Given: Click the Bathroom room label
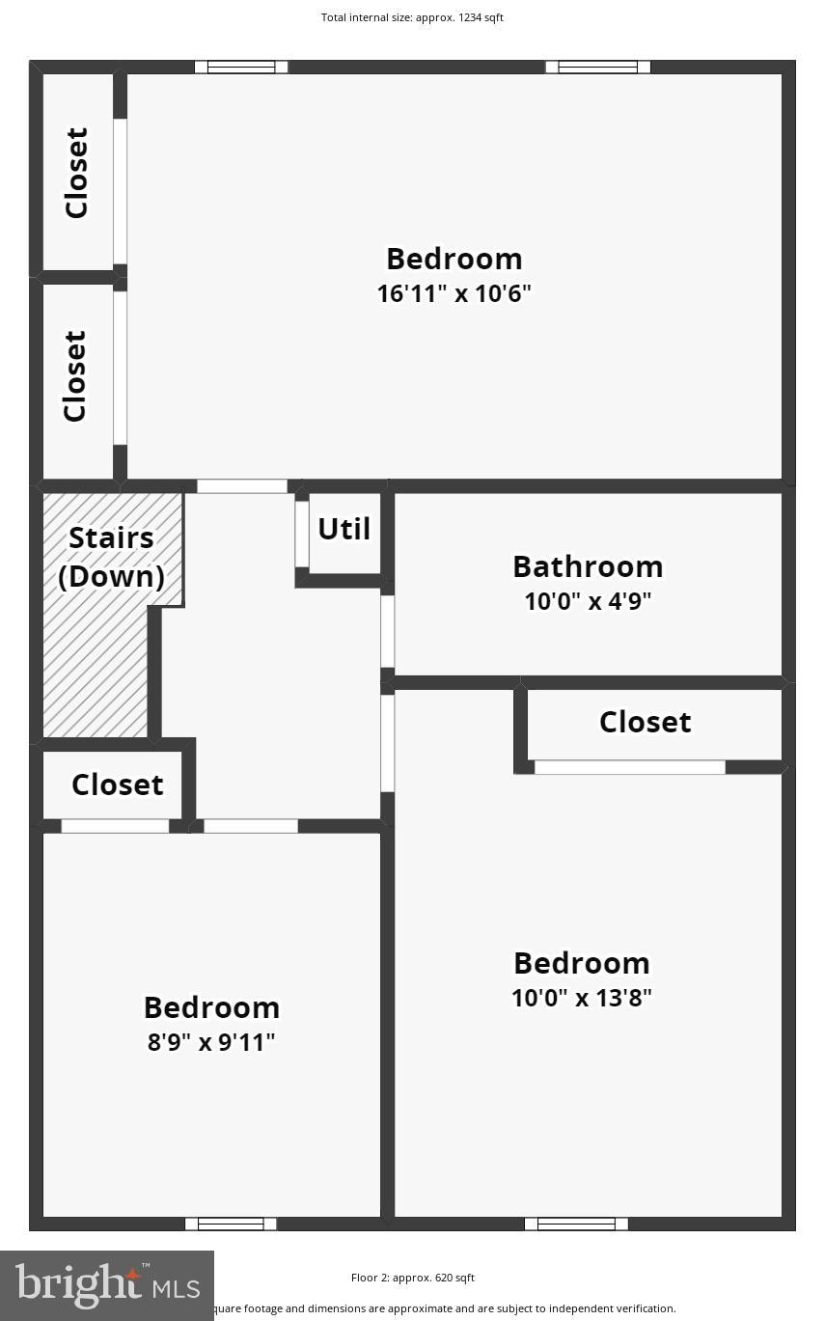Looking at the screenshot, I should [x=587, y=566].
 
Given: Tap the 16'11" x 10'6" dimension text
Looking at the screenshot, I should [x=454, y=293].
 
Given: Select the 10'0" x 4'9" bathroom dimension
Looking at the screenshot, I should [x=587, y=601].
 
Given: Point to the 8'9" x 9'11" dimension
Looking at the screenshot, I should [x=211, y=1042].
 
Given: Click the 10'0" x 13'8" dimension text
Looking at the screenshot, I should [x=581, y=998].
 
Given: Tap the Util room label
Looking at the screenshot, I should [x=344, y=529].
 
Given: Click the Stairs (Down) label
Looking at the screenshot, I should [x=111, y=557].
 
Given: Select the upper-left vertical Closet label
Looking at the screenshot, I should [x=76, y=173].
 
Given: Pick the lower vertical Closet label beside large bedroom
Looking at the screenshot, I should [x=75, y=376].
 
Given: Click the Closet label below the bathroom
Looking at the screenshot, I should [x=645, y=722].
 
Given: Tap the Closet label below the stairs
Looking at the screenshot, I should [x=117, y=784].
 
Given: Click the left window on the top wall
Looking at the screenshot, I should [x=241, y=67].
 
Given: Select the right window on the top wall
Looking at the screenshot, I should [x=597, y=67].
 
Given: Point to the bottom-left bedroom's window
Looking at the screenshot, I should [x=231, y=1224].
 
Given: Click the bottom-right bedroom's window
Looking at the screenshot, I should [x=576, y=1224].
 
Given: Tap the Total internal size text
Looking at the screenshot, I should [x=412, y=17].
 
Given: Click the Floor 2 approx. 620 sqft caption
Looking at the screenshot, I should [x=412, y=1278].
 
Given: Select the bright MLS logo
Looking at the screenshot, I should [x=107, y=1285].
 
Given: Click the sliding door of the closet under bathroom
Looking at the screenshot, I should [x=629, y=767].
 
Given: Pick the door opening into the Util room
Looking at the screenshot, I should [x=302, y=534].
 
